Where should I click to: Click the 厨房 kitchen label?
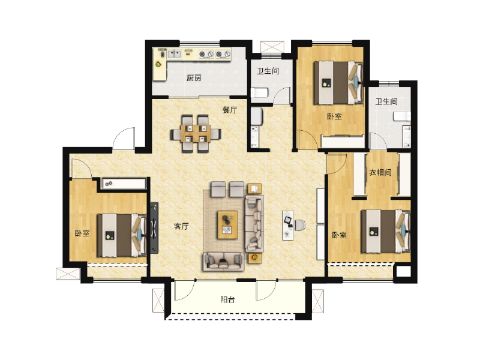pyautogui.click(x=193, y=77)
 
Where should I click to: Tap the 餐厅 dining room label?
pyautogui.click(x=230, y=110)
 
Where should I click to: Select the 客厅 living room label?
pyautogui.click(x=181, y=226)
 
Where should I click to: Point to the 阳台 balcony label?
pyautogui.click(x=227, y=299)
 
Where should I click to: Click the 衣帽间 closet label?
pyautogui.click(x=380, y=173)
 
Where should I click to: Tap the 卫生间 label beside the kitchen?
pyautogui.click(x=268, y=71)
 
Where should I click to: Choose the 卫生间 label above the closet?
pyautogui.click(x=386, y=102)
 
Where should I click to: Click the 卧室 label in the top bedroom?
pyautogui.click(x=334, y=116)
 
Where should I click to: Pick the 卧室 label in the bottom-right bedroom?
pyautogui.click(x=339, y=235)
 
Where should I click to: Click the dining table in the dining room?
pyautogui.click(x=194, y=133)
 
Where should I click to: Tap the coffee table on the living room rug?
pyautogui.click(x=228, y=224)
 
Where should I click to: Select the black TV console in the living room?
pyautogui.click(x=154, y=227)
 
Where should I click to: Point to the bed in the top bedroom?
pyautogui.click(x=339, y=83)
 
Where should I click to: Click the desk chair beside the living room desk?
pyautogui.click(x=299, y=225)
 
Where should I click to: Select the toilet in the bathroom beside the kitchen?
pyautogui.click(x=257, y=93)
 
